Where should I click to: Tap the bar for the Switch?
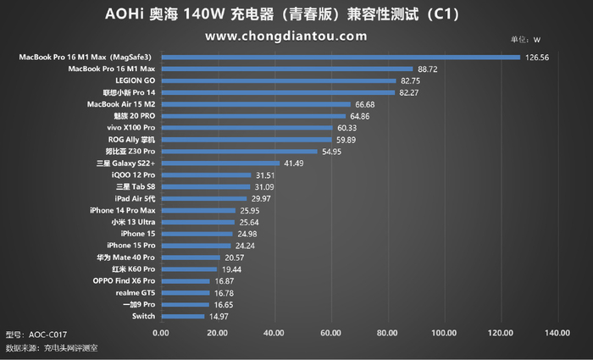[x=182, y=316]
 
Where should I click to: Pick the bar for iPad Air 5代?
[x=203, y=198]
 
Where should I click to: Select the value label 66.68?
[x=366, y=104]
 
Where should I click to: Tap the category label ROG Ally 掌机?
[x=131, y=139]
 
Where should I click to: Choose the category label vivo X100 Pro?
[x=131, y=127]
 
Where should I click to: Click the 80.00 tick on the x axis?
[x=387, y=332]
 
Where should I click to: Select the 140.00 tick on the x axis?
[x=557, y=332]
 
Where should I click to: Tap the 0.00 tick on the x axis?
[x=161, y=332]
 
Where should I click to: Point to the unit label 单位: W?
[x=524, y=40]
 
